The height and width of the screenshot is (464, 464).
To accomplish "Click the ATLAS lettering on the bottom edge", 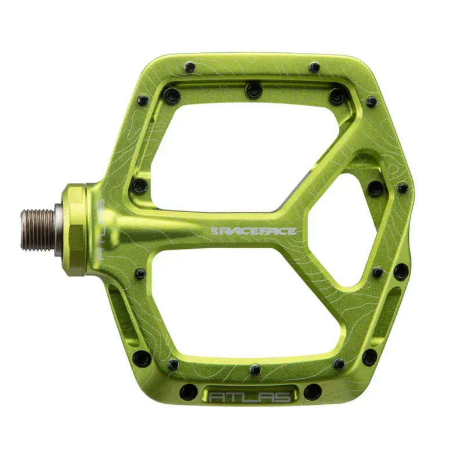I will (x=250, y=398).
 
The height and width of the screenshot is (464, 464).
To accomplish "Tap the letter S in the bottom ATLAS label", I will (x=284, y=398).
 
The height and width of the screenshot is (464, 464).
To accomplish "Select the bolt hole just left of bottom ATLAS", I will (x=187, y=392).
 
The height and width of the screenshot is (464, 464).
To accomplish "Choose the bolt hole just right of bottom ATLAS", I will (x=312, y=392).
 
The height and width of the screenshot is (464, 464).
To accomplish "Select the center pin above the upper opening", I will (x=253, y=90).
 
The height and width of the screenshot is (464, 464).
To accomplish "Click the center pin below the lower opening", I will (x=255, y=369).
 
